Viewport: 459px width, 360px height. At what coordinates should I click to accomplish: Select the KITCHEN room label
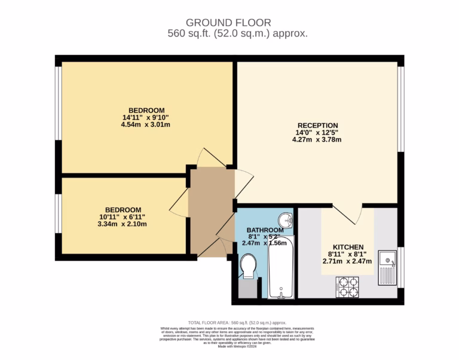click(x=348, y=247)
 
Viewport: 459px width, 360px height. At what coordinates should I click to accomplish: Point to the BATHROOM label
click(x=265, y=230)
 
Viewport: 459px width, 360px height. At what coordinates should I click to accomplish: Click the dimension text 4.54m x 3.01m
click(x=146, y=125)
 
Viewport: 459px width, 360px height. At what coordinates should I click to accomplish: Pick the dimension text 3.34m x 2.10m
click(x=123, y=224)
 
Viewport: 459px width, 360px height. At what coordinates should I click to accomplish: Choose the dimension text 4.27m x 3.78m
click(x=316, y=140)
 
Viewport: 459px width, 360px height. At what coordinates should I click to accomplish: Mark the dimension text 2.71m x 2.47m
click(x=347, y=261)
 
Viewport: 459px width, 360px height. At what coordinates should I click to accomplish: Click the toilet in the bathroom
click(x=248, y=266)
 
